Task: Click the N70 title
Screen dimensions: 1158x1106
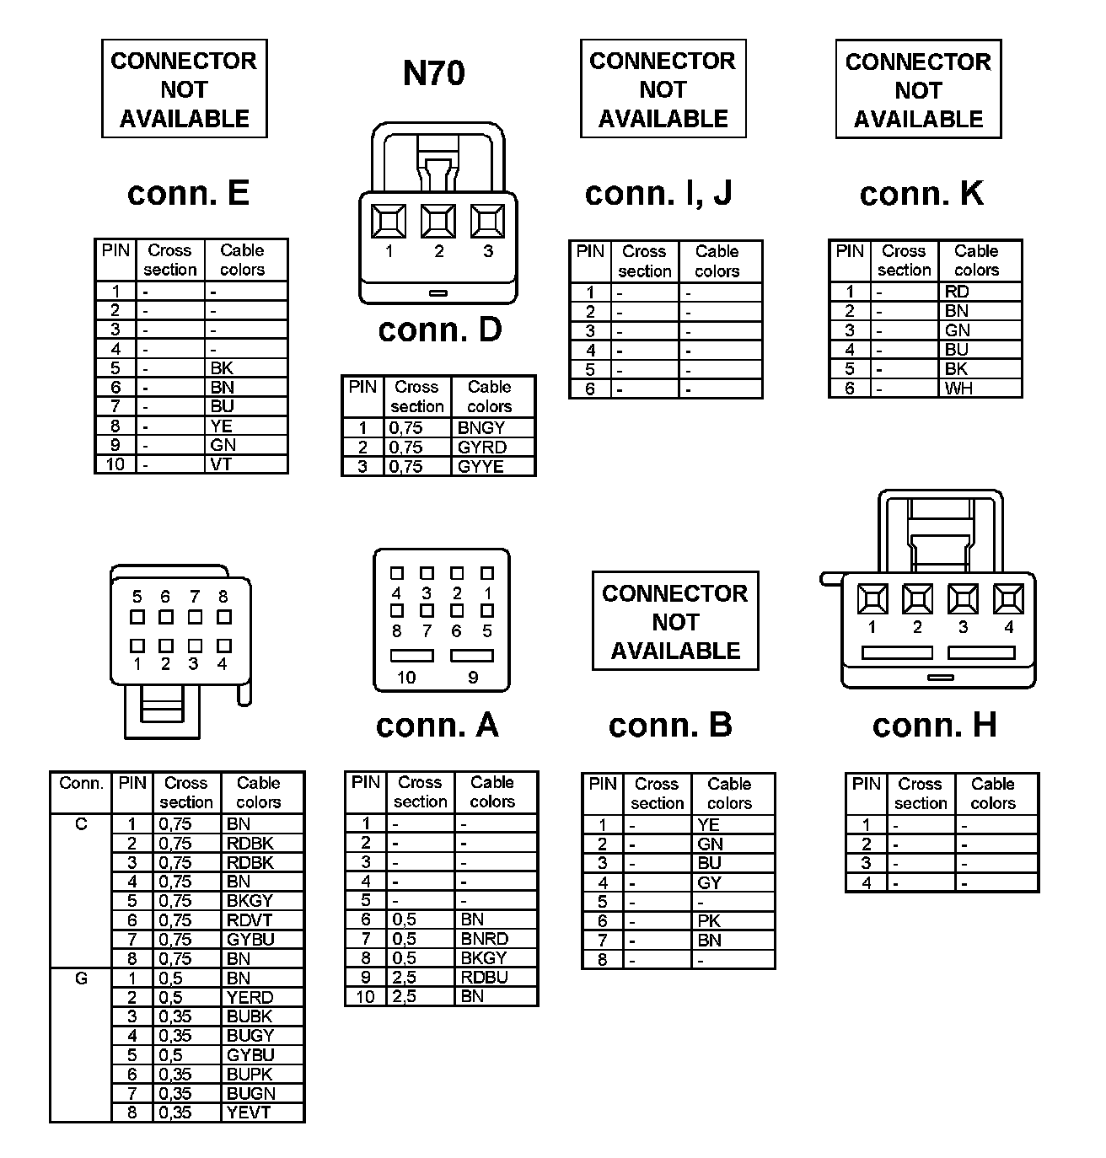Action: [x=433, y=73]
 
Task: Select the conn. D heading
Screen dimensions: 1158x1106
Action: [x=439, y=330]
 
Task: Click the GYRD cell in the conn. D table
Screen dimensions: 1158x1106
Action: [x=482, y=447]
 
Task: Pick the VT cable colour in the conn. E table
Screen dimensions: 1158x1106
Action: [x=221, y=464]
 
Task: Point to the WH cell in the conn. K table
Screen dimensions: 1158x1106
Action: [x=958, y=389]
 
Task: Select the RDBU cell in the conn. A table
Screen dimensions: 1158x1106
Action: [x=485, y=977]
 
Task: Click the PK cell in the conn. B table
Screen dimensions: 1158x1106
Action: [x=709, y=921]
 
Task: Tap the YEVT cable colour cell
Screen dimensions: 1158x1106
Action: [x=249, y=1112]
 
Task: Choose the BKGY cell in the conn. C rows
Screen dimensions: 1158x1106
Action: [x=250, y=900]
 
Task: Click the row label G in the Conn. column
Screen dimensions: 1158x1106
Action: [x=81, y=978]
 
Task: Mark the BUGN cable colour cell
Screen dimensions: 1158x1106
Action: [x=250, y=1093]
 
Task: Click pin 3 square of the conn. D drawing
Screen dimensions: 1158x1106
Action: [x=487, y=222]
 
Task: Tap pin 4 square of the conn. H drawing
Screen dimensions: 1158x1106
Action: [x=1008, y=598]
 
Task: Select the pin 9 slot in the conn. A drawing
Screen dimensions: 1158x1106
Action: [x=472, y=656]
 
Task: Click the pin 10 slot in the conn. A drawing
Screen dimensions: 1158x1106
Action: [x=411, y=656]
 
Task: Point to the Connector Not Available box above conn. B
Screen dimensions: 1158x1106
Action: [x=675, y=622]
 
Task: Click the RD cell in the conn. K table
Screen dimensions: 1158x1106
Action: [x=957, y=292]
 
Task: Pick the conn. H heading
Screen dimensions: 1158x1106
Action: [x=934, y=725]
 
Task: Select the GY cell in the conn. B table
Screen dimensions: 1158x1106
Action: [x=709, y=882]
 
